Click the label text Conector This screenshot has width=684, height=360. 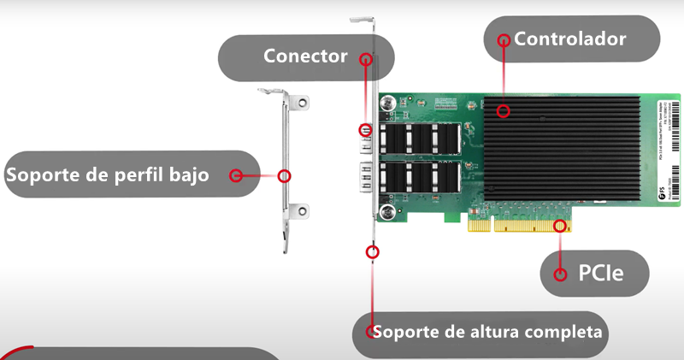tap(305, 56)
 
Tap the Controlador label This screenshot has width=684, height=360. tap(570, 38)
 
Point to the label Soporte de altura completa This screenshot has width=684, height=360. tap(488, 331)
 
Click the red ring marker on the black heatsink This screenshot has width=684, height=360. tap(504, 110)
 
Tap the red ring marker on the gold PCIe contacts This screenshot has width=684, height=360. tap(561, 227)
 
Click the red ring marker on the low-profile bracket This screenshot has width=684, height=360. tap(285, 175)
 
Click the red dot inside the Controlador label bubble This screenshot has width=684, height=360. tap(504, 39)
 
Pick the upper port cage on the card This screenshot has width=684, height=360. tap(419, 139)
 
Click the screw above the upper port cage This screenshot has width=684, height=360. tap(389, 103)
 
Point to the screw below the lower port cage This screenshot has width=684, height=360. tap(389, 211)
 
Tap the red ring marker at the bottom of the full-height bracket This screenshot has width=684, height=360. tap(372, 251)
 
